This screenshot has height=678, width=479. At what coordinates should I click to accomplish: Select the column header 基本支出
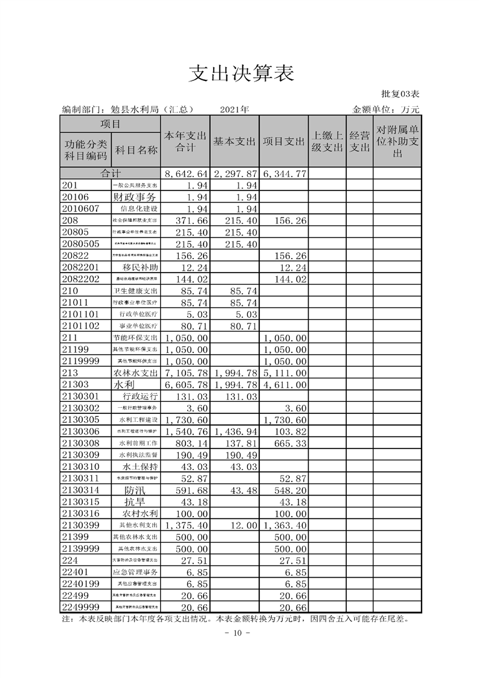(235, 141)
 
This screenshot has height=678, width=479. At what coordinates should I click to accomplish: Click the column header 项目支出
(283, 141)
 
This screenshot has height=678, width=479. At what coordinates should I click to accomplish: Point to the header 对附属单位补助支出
(397, 141)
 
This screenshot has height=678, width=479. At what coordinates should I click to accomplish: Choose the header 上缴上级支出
(327, 141)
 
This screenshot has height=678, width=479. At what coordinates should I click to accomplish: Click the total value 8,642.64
(186, 174)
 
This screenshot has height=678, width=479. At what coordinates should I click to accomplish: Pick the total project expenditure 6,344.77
(285, 174)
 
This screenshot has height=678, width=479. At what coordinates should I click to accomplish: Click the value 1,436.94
(235, 431)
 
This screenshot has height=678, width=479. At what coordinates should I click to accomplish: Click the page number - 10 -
(233, 633)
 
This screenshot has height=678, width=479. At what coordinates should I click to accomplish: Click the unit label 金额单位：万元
(385, 109)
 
